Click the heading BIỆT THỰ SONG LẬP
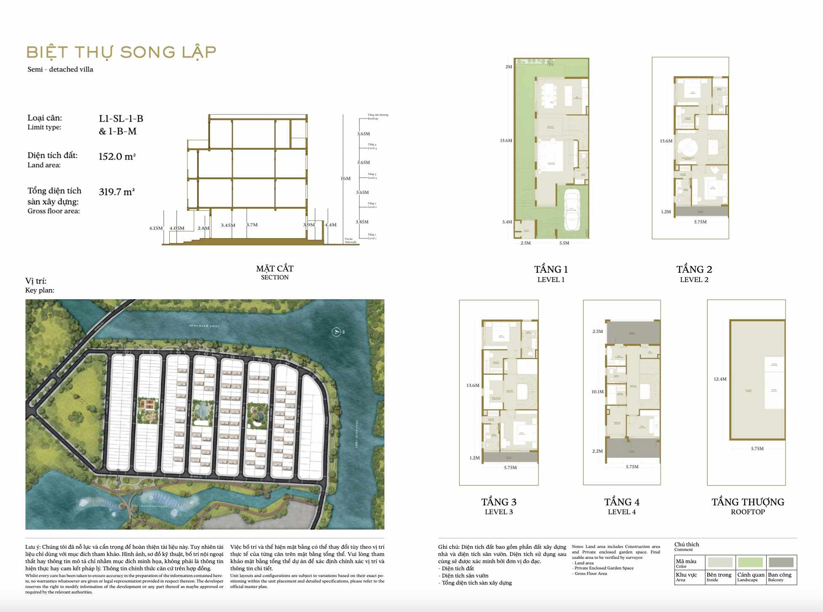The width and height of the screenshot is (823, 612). point(121,52)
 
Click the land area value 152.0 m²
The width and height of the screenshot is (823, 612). point(117,157)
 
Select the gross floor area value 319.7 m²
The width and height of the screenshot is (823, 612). point(117,192)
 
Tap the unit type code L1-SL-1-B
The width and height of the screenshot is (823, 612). point(121,119)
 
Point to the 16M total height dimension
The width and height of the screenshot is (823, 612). point(345,178)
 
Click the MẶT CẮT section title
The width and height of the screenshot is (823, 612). point(275,269)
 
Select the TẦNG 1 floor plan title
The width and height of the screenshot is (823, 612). point(551,269)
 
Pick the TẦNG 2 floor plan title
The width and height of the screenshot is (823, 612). point(694,269)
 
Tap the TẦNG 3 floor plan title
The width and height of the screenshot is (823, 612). point(499,502)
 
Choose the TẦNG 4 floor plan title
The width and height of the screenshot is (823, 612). point(622,502)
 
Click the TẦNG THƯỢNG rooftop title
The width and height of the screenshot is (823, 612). point(748,502)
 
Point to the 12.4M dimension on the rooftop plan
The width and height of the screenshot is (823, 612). point(720,379)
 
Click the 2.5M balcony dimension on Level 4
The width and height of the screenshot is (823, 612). point(597,332)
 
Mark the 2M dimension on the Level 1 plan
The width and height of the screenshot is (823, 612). point(509,67)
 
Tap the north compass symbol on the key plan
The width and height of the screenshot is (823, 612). point(337,332)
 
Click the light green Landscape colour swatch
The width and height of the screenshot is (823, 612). point(750,562)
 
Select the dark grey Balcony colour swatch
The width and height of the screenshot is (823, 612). point(781,562)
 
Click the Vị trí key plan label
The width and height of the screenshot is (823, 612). point(36,281)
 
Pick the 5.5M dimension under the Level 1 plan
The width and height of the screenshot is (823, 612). point(564,243)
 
